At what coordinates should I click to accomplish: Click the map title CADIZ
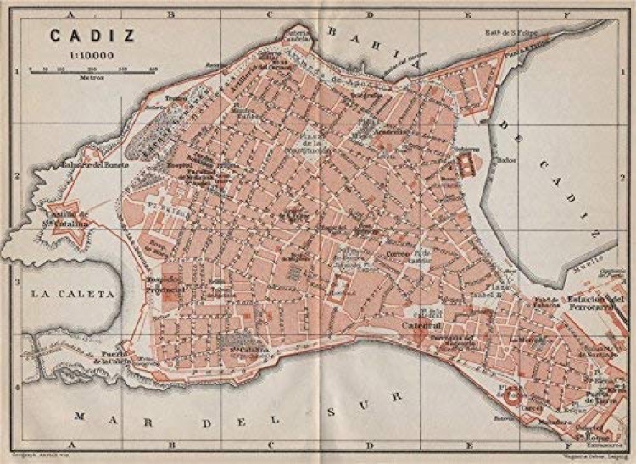click(x=81, y=36)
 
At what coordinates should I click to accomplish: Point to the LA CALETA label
click(x=72, y=294)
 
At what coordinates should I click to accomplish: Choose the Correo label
click(x=400, y=251)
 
